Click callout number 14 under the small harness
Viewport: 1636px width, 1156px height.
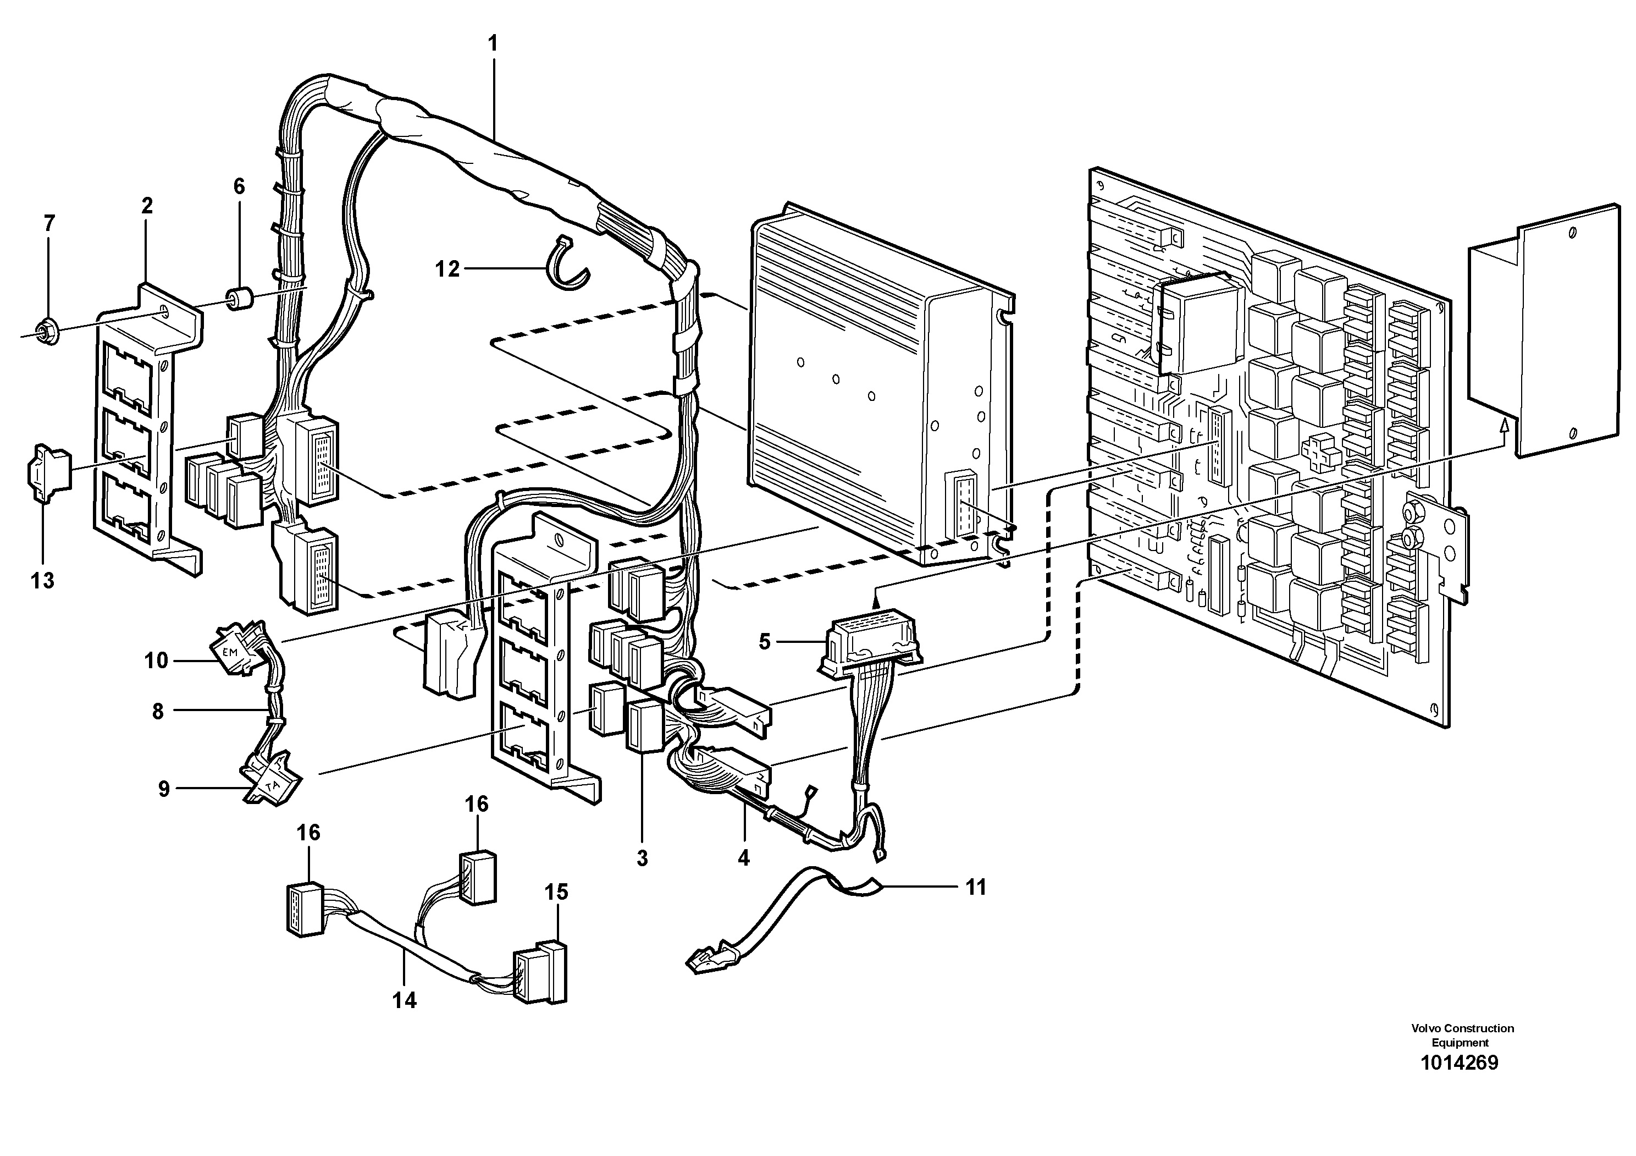(404, 1000)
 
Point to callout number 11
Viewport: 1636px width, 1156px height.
(975, 887)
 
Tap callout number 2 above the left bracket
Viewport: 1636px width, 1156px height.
(147, 206)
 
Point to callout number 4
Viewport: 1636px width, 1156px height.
(743, 858)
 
